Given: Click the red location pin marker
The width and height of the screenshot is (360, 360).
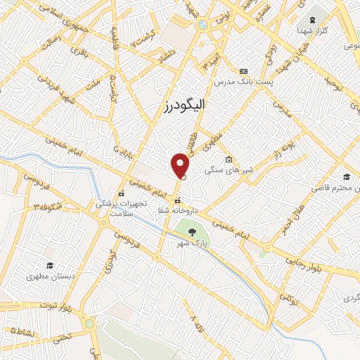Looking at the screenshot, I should (181, 166).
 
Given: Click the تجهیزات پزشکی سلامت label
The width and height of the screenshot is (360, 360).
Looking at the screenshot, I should (122, 208).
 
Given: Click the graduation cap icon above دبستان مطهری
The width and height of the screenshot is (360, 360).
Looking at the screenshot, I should (49, 265).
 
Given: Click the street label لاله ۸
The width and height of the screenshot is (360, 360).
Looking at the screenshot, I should (195, 328).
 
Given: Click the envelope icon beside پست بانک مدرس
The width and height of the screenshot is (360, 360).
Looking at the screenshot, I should (244, 71).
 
